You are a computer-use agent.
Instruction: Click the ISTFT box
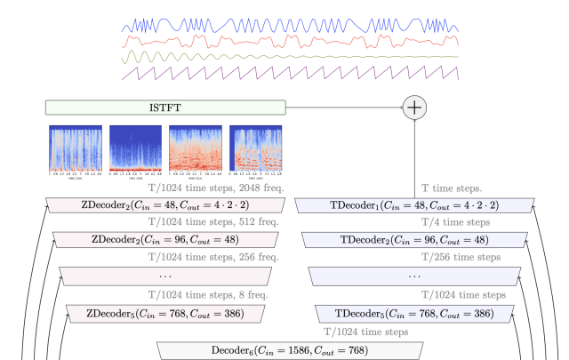point(166,108)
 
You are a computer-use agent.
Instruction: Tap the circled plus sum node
point(415,108)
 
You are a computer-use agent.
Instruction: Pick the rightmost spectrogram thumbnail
point(256,147)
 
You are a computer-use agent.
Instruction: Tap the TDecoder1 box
point(415,204)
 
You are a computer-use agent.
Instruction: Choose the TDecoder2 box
point(415,240)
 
